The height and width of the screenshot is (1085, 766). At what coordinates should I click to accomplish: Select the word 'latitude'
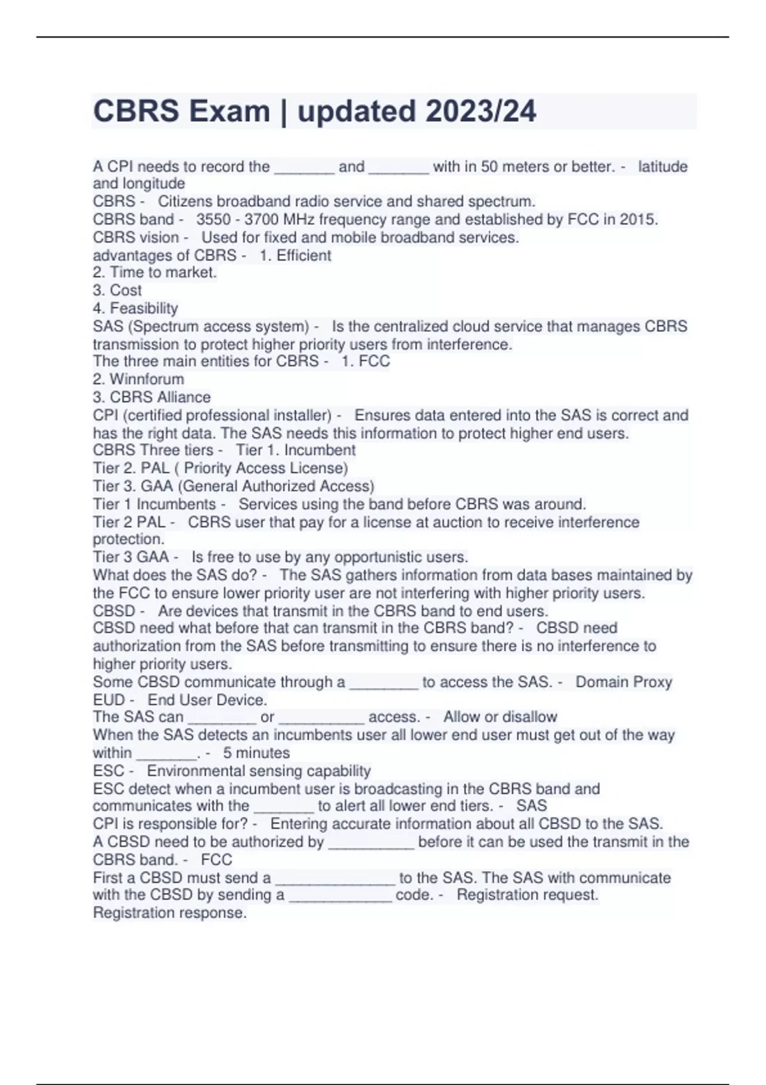tap(663, 167)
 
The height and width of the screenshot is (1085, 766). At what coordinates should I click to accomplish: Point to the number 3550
tap(213, 220)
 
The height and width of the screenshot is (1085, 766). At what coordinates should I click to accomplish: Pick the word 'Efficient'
tap(303, 255)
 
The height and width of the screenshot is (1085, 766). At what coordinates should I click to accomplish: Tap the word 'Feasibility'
tap(144, 308)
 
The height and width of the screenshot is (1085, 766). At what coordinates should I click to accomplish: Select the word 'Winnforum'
tap(147, 379)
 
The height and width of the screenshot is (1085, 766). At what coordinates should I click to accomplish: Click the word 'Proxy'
tap(650, 682)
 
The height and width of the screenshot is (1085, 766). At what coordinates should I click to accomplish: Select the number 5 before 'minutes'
tap(227, 753)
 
